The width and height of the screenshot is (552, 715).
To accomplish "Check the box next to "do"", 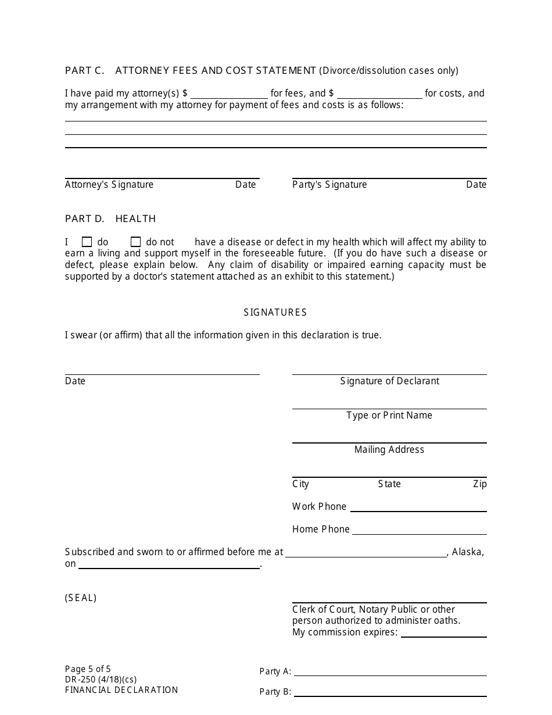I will tap(87, 242).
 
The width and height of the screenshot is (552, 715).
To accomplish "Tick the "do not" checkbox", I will tap(135, 242).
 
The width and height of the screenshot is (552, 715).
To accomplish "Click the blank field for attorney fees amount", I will tap(229, 93).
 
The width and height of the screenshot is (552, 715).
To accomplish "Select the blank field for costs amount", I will tap(379, 93).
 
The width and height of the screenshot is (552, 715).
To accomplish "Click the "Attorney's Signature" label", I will tap(109, 184).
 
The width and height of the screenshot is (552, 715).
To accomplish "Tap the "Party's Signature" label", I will tap(329, 184).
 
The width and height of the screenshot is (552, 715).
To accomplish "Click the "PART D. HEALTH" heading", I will tap(110, 219).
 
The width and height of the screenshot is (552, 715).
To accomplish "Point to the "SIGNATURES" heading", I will tap(275, 312).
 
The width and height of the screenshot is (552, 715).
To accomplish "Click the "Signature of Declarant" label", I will tap(389, 381).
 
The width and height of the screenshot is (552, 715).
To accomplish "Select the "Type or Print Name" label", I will tap(389, 415).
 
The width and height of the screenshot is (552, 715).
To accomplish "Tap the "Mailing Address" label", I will tap(389, 449).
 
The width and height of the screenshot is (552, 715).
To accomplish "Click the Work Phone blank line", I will tap(418, 507).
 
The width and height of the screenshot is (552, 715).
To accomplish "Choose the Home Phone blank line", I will tap(420, 530).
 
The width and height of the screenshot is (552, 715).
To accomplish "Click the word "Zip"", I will tap(479, 484).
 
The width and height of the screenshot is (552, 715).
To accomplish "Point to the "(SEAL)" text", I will tap(81, 598).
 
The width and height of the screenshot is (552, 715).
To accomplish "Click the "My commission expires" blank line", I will tap(443, 632).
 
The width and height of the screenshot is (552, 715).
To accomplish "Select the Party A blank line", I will tap(390, 671).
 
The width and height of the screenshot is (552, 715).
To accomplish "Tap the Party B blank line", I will tap(390, 692).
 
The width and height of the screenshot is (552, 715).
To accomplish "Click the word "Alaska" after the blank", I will tap(467, 552).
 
